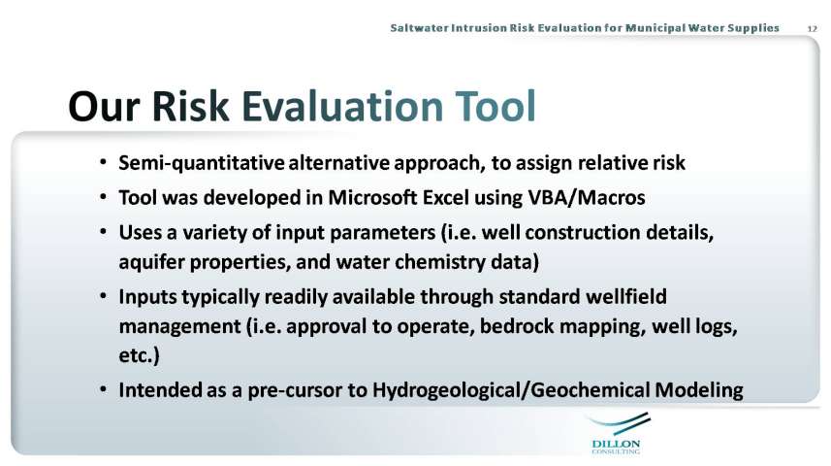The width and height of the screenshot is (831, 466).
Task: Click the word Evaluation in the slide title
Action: click(x=343, y=106)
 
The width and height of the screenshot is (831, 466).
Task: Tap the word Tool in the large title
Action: click(x=495, y=106)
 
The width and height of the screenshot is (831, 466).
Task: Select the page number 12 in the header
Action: click(x=813, y=29)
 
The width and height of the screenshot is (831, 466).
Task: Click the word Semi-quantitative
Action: click(x=202, y=163)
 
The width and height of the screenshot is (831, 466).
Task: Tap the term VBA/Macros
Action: click(x=587, y=197)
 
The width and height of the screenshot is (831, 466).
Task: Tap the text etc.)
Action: click(x=139, y=355)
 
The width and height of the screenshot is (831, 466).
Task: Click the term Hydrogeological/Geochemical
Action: click(x=511, y=390)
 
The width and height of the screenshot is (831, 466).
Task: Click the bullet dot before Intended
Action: click(x=104, y=390)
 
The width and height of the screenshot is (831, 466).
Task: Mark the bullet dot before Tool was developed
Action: click(x=104, y=197)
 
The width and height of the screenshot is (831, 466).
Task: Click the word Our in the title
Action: click(x=105, y=106)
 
